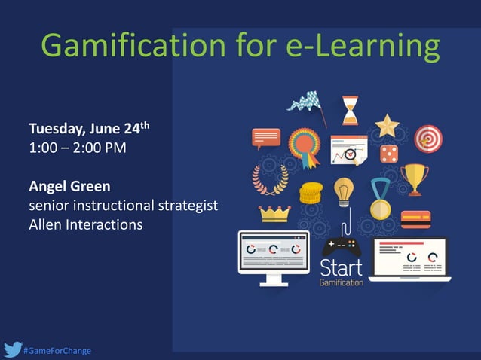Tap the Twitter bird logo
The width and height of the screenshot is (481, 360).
(x=12, y=349)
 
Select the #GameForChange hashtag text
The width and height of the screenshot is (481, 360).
(x=57, y=350)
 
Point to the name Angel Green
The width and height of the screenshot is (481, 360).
(x=69, y=185)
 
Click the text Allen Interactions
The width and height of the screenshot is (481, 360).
(x=85, y=224)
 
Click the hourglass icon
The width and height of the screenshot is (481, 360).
(x=350, y=110)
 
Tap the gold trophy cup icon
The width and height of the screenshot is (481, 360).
(x=414, y=179)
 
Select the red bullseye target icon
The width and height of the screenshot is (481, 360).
(x=428, y=139)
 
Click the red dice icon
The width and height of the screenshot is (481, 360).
(x=389, y=154)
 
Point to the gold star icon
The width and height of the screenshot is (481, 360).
(x=388, y=125)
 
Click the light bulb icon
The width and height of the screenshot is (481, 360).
(x=345, y=191)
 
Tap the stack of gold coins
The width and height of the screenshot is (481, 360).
(x=311, y=193)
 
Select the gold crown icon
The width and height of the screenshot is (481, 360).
(x=274, y=213)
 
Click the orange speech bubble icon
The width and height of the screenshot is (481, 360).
(x=266, y=138)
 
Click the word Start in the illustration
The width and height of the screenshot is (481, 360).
(x=341, y=267)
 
